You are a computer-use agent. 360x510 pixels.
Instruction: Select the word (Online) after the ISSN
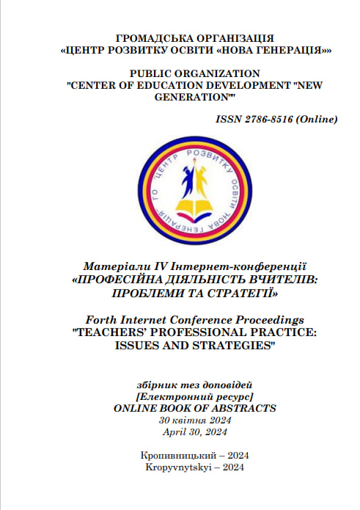(x=317, y=119)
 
